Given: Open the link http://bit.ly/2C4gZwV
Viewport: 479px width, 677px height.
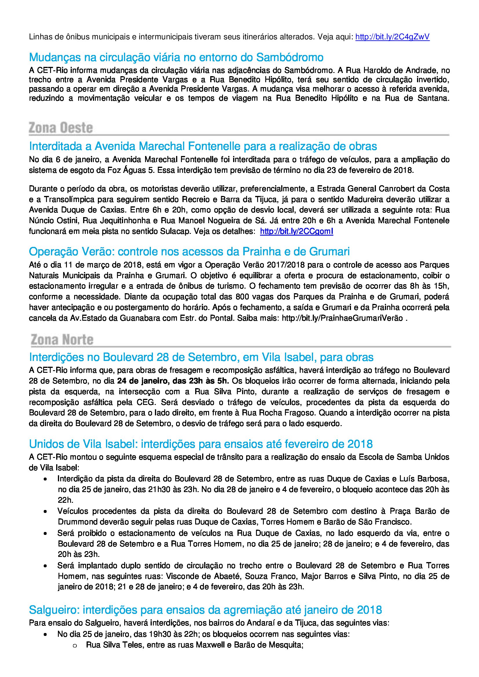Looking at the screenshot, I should pos(392,37).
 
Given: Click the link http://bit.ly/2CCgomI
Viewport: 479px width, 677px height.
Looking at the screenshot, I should pos(297,232).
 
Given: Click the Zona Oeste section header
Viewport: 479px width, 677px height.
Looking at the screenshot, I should pos(61,128).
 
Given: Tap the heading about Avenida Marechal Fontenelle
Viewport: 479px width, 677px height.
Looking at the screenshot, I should pos(203,146).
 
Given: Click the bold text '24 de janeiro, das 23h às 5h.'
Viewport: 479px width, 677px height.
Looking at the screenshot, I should pos(173,381).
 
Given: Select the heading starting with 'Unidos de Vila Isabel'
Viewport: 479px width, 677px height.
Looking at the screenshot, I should pos(201,444).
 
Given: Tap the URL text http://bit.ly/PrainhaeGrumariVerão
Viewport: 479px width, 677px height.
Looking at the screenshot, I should pos(342,318).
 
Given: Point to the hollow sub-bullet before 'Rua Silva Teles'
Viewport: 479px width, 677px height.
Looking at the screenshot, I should pos(74,646).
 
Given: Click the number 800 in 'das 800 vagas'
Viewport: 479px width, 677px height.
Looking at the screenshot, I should pos(242,297).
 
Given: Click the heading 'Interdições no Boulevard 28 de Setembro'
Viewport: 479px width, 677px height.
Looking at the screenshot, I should pos(201,357).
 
